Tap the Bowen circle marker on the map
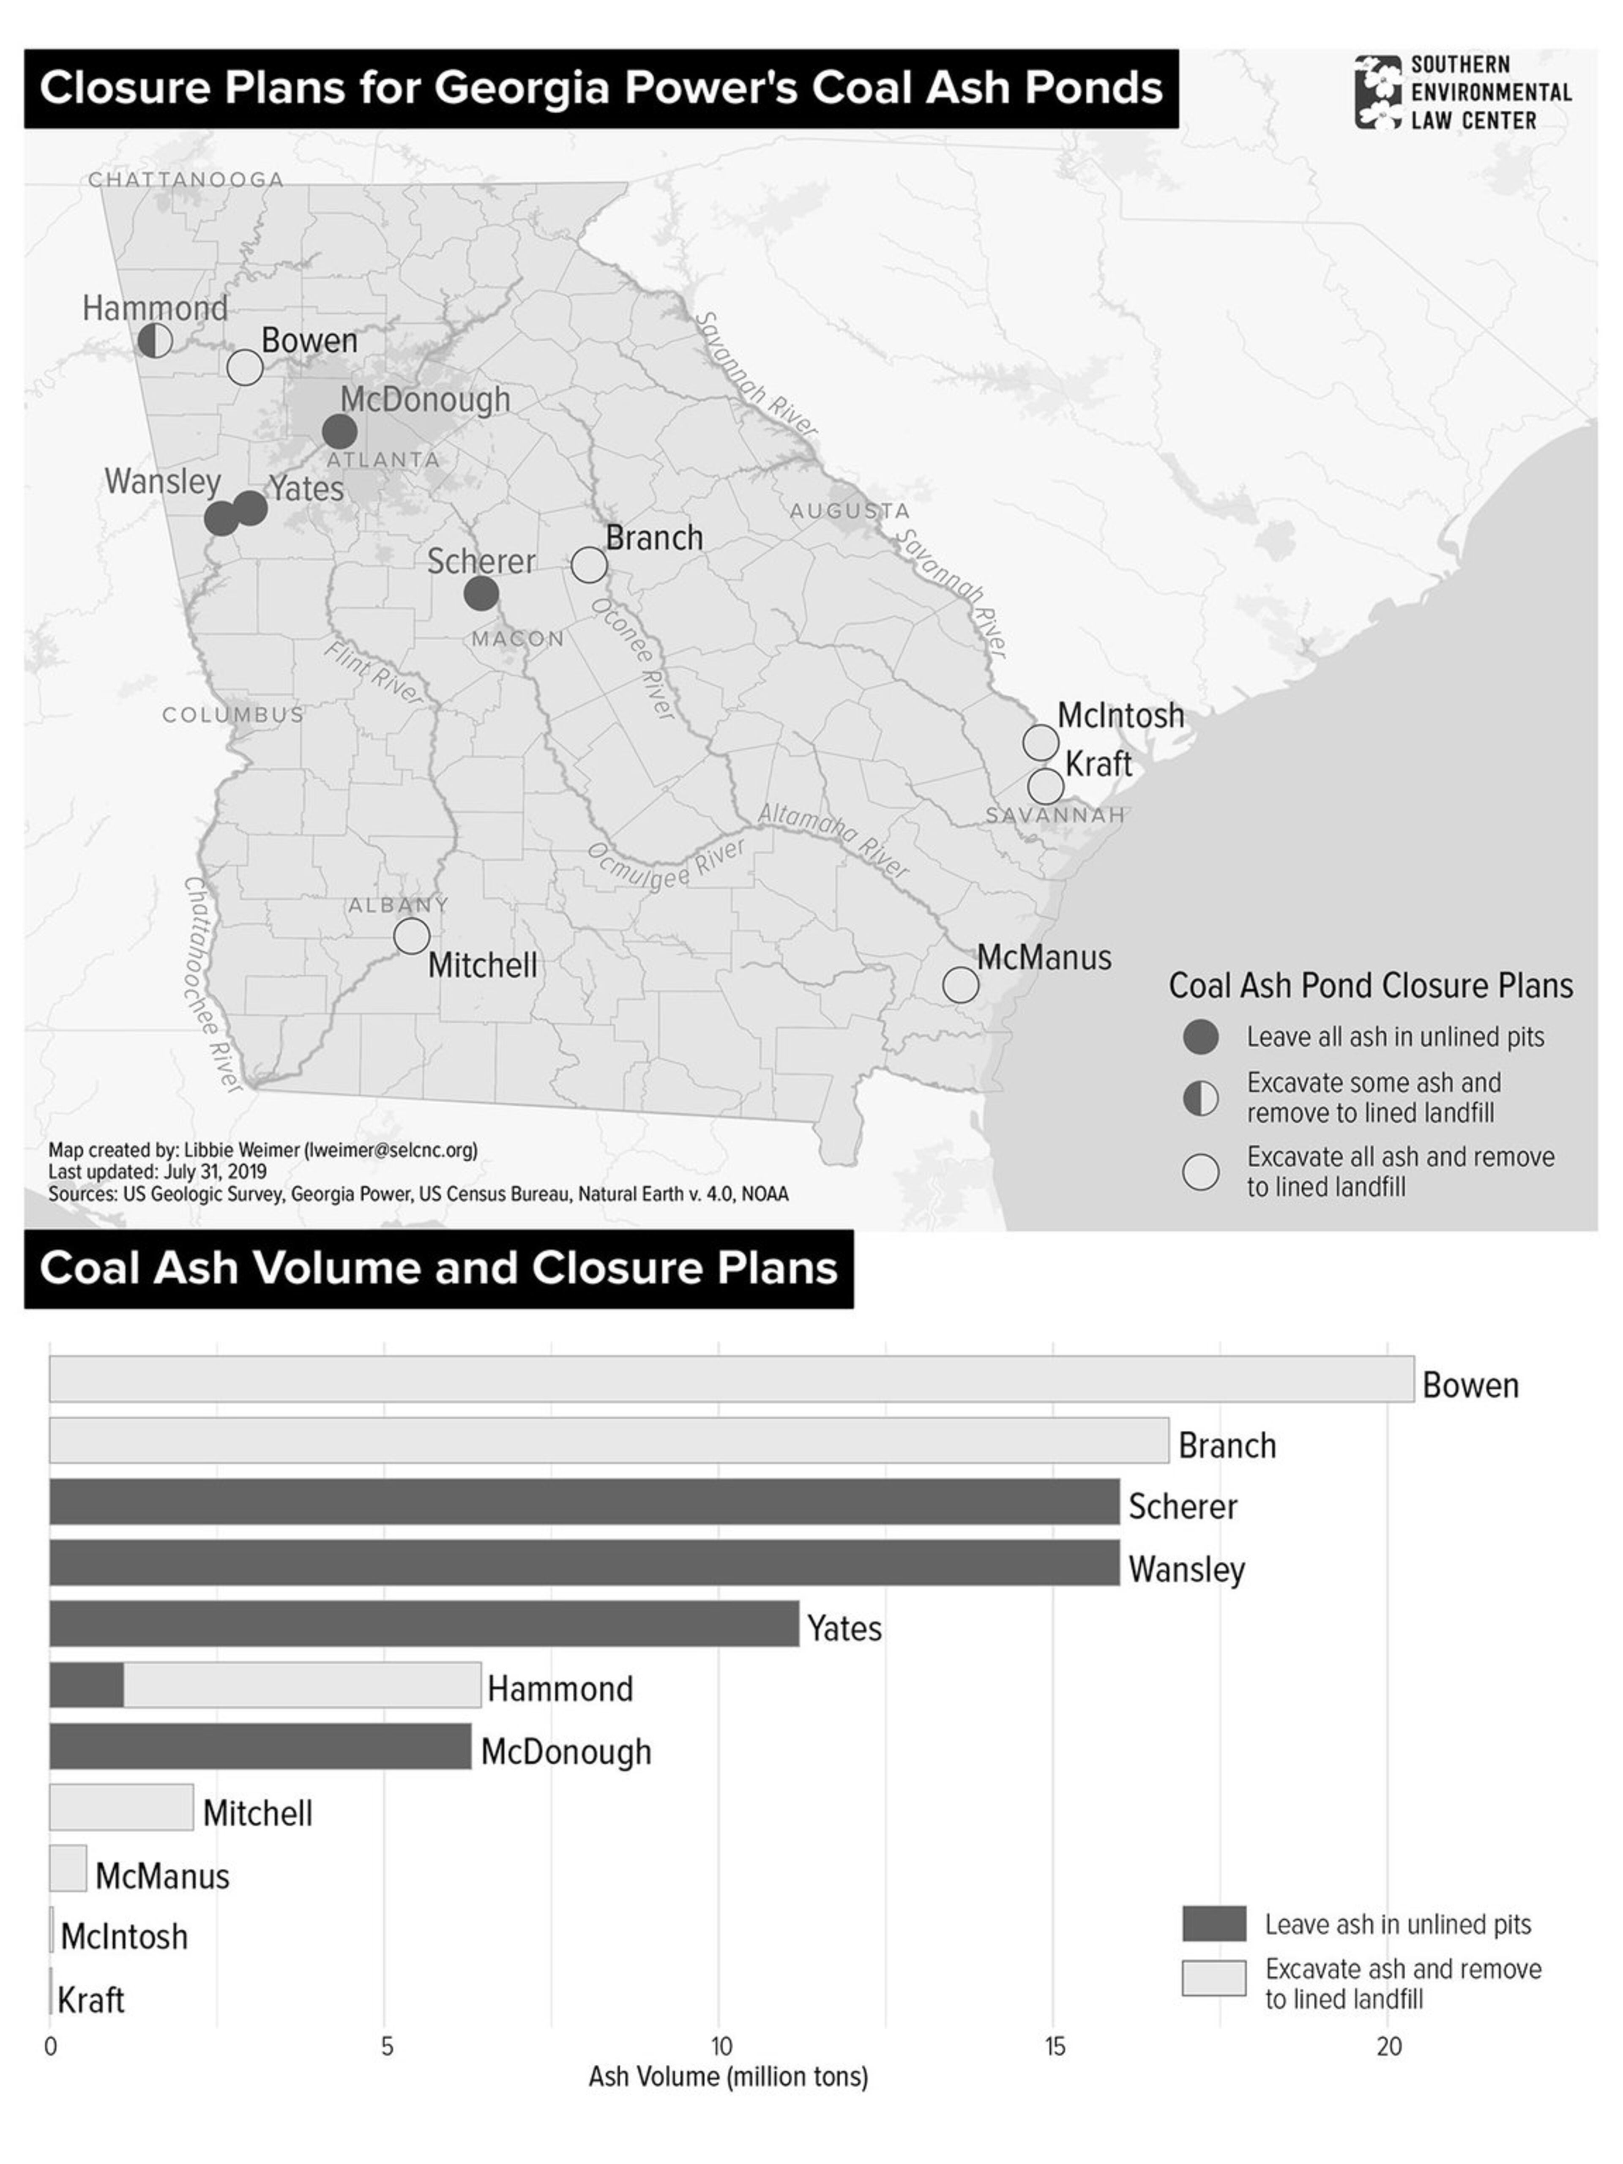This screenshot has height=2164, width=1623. click(245, 368)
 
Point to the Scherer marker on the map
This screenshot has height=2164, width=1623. click(480, 593)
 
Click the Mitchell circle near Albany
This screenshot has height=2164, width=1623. click(412, 935)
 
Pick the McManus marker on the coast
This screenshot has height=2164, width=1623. click(961, 984)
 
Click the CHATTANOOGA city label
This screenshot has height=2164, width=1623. click(186, 180)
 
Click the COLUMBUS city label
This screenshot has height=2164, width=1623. click(233, 715)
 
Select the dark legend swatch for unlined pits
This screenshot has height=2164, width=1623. click(1213, 1924)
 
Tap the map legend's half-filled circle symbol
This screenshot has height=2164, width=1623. click(1200, 1098)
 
